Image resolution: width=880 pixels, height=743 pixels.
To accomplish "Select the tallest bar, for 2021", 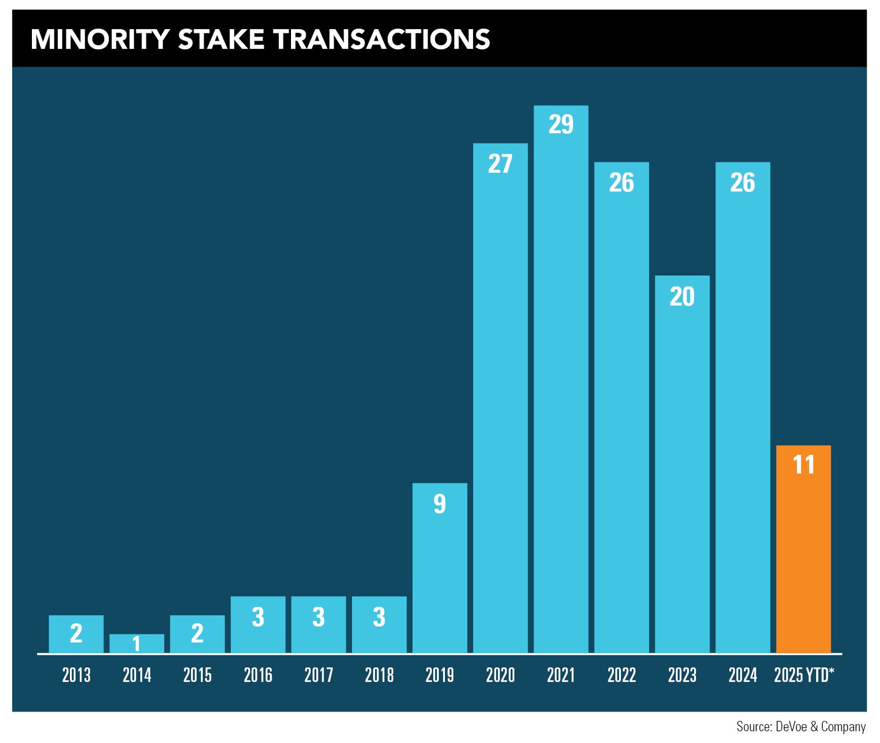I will pyautogui.click(x=561, y=379).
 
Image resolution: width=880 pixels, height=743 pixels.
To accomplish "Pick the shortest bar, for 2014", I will pyautogui.click(x=136, y=644).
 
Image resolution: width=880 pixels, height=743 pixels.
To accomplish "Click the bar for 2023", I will pyautogui.click(x=682, y=464).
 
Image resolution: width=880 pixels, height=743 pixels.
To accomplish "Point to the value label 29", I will pyautogui.click(x=561, y=124).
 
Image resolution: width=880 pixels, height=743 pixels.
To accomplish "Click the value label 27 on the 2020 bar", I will pyautogui.click(x=500, y=164).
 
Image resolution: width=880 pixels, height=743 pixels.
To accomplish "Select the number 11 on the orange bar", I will pyautogui.click(x=803, y=465).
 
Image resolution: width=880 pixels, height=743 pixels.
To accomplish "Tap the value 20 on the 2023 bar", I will pyautogui.click(x=682, y=297).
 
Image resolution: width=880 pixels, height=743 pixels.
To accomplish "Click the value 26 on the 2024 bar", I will pyautogui.click(x=743, y=183).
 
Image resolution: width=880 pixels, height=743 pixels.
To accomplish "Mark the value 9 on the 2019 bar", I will pyautogui.click(x=439, y=504).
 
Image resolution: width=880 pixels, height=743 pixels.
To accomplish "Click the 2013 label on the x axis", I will pyautogui.click(x=76, y=675).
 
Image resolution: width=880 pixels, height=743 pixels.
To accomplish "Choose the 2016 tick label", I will pyautogui.click(x=258, y=675).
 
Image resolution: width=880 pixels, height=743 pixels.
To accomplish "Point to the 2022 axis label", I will pyautogui.click(x=621, y=675).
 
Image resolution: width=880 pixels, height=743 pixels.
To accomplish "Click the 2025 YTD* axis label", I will pyautogui.click(x=804, y=675).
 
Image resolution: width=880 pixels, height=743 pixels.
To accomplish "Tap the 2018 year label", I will pyautogui.click(x=379, y=675).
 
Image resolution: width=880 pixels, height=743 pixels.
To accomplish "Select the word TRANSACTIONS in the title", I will pyautogui.click(x=381, y=40).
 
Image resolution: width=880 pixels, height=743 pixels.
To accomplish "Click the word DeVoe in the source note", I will pyautogui.click(x=791, y=727).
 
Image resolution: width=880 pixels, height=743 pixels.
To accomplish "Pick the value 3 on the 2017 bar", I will pyautogui.click(x=318, y=618).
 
